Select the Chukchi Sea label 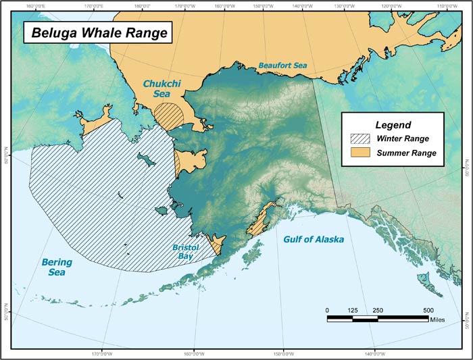click(157, 89)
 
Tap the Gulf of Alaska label click(314, 240)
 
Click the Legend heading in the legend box click(393, 124)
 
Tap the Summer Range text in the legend click(407, 153)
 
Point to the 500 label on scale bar click(428, 310)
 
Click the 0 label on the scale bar click(328, 310)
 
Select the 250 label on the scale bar click(378, 310)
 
